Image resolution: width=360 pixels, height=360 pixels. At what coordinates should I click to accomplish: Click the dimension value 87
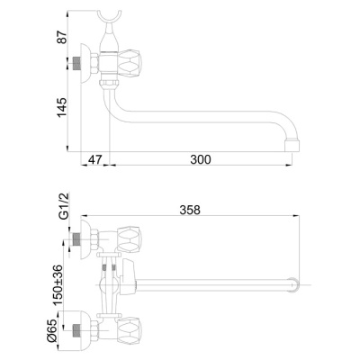62,37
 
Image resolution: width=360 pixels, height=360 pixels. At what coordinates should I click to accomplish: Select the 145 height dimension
62,108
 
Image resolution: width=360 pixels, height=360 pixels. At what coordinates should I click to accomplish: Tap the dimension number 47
95,159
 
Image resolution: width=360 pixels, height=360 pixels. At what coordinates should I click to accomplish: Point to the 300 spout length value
201,159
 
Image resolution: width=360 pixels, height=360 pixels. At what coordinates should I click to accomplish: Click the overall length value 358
190,210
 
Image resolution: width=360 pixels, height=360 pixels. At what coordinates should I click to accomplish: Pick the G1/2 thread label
64,206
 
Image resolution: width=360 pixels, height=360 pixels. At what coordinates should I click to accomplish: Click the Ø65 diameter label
51,330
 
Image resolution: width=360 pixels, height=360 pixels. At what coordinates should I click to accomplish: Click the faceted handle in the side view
129,63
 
